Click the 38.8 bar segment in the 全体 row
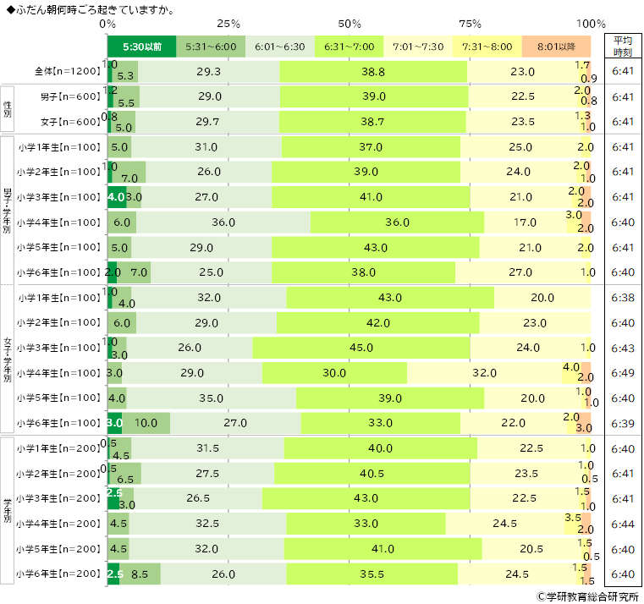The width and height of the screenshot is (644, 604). tap(373, 73)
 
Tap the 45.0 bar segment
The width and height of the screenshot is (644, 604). tap(361, 348)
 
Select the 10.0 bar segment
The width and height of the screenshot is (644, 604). tap(146, 423)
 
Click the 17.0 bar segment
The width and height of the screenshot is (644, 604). tap(525, 222)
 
